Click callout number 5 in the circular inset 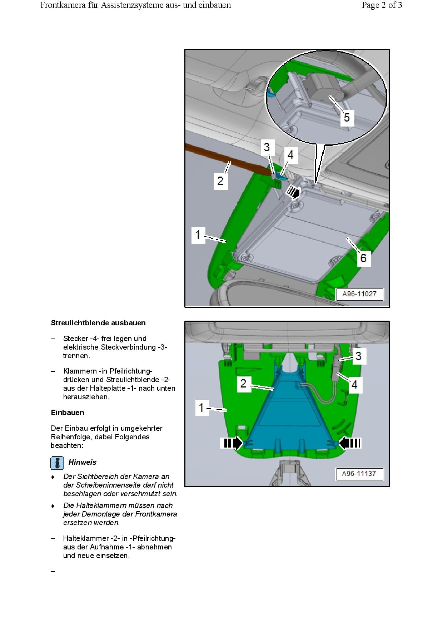[x=347, y=117]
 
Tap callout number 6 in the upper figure [x=363, y=257]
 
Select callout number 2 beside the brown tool [x=220, y=180]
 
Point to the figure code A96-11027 [x=359, y=294]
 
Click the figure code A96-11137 [x=359, y=474]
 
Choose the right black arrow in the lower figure [x=349, y=443]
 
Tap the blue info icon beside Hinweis [x=57, y=463]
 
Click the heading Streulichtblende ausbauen [x=98, y=323]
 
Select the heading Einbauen [x=68, y=413]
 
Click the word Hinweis [x=83, y=462]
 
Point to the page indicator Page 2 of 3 [x=382, y=5]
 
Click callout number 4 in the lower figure [x=354, y=384]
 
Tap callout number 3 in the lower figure [x=358, y=356]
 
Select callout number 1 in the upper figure [x=198, y=235]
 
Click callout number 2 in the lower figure [x=243, y=384]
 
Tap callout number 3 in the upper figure [x=267, y=147]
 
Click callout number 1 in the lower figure [x=201, y=408]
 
